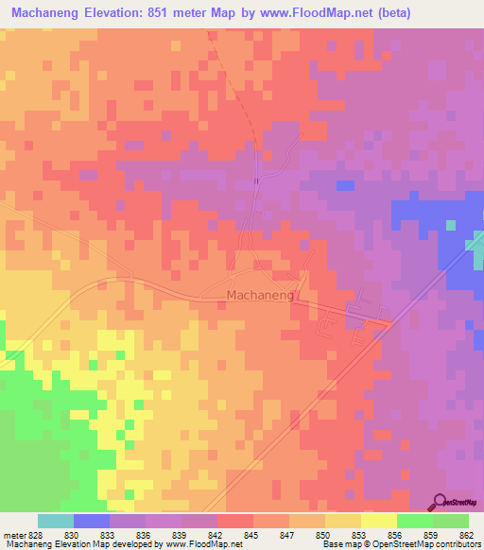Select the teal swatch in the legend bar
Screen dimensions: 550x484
pyautogui.click(x=56, y=521)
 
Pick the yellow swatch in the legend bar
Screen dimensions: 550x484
pyautogui.click(x=378, y=521)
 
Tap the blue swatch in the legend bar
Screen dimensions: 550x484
pyautogui.click(x=92, y=521)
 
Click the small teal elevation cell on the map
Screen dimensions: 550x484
pyautogui.click(x=450, y=225)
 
